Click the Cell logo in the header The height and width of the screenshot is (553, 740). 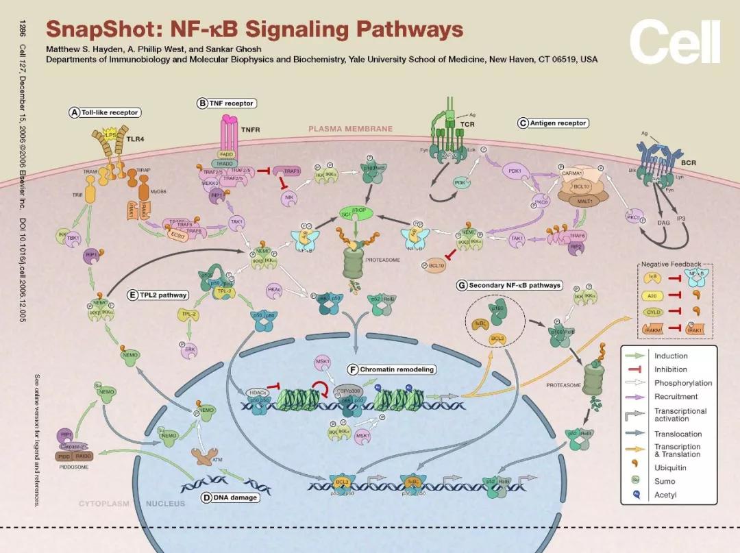674,42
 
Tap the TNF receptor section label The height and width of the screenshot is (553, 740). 226,103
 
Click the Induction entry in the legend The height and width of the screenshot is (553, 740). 670,356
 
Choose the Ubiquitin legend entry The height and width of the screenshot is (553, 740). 669,468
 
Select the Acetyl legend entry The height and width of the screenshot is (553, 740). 665,495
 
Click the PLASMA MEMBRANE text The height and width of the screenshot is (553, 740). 350,128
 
